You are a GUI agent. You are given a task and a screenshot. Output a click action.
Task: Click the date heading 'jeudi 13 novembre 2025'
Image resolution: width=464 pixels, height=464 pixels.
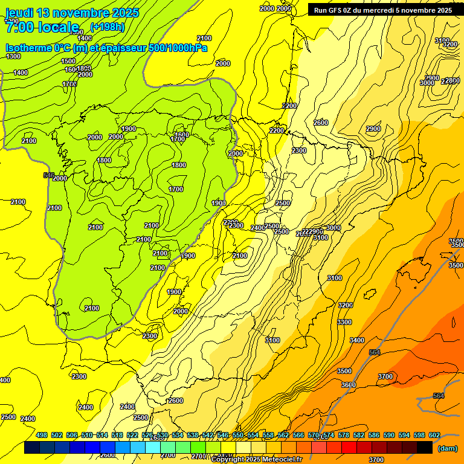[72, 13]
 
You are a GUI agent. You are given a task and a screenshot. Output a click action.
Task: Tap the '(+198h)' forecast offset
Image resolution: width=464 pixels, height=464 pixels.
[107, 27]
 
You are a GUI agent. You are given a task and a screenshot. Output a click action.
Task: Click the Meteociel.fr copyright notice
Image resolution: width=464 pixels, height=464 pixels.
[256, 460]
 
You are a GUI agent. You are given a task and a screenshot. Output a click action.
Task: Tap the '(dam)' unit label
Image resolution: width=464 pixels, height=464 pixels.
[446, 448]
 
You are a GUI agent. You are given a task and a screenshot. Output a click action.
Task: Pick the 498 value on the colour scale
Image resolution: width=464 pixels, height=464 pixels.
[42, 436]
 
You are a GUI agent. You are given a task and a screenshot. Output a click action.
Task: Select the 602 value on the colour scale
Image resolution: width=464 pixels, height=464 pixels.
[434, 436]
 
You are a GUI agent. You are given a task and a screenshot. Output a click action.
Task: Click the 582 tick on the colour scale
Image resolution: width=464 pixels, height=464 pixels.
[359, 436]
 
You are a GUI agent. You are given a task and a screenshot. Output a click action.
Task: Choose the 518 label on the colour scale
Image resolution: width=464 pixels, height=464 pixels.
[117, 436]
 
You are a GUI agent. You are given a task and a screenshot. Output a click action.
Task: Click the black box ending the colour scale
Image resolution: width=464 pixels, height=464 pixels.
[425, 448]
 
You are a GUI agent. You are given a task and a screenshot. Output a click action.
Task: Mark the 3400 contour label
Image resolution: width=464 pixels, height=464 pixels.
[357, 341]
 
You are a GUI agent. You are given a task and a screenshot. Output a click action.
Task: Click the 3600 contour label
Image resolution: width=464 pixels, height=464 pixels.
[348, 385]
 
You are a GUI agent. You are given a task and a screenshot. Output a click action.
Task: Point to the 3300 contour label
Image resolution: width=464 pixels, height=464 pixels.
[344, 322]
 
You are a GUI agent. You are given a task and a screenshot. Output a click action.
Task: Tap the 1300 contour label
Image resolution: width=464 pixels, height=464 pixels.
[13, 56]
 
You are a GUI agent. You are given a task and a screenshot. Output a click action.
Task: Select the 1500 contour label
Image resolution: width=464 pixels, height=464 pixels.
[68, 61]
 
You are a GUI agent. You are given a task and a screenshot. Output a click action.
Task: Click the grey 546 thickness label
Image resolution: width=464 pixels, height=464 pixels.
[49, 175]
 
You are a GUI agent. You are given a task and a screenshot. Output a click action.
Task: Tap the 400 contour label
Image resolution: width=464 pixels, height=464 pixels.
[5, 380]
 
